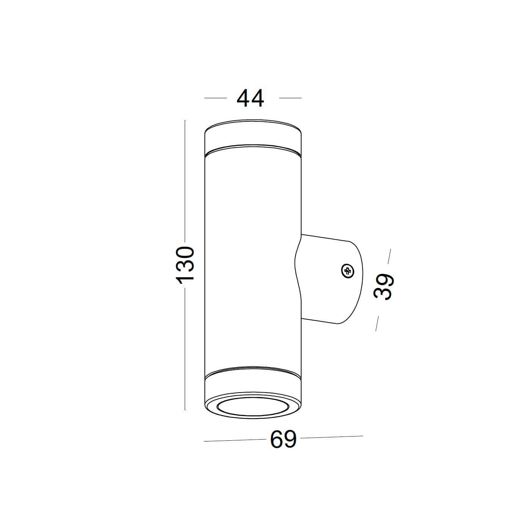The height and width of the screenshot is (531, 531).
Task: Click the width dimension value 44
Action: (x=250, y=98)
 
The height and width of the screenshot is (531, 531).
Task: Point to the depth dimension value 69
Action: (x=283, y=440)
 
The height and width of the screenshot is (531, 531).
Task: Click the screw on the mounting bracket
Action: (x=347, y=271)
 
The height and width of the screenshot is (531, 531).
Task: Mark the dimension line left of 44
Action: (x=215, y=98)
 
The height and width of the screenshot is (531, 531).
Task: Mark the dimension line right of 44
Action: (x=290, y=98)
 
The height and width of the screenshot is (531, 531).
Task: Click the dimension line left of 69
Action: (x=234, y=440)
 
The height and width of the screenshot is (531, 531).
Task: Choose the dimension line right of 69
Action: (x=332, y=437)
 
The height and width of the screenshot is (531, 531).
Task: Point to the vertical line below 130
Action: (x=185, y=349)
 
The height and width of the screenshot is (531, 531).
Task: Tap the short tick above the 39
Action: (x=389, y=256)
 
